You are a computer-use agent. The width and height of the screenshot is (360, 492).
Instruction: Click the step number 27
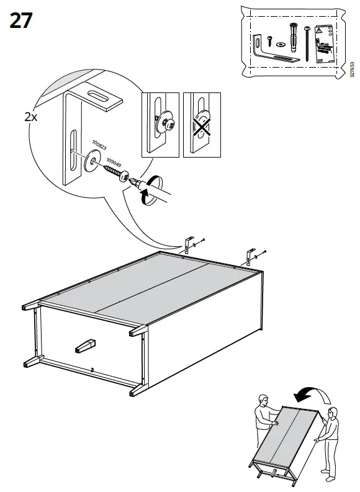[x=21, y=20]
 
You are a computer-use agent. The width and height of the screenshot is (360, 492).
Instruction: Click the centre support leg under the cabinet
[x=86, y=344]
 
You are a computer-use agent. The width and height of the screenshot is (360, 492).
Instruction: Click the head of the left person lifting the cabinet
[x=263, y=398]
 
